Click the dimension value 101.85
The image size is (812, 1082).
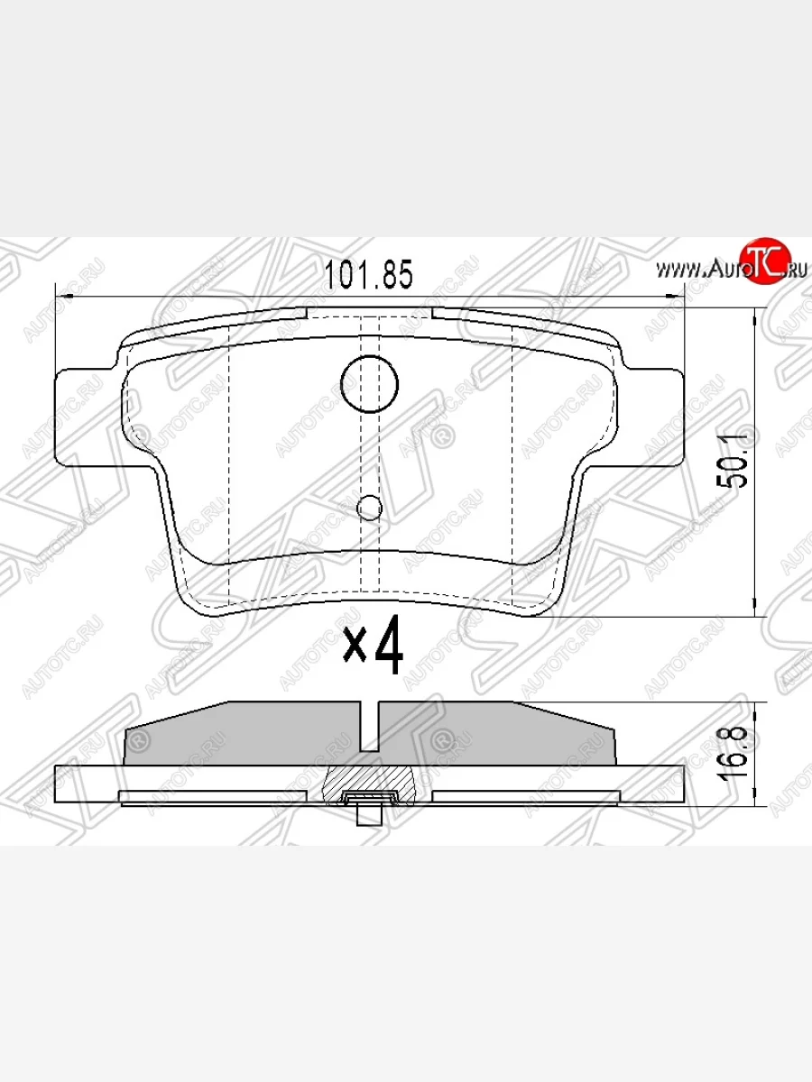[x=368, y=274]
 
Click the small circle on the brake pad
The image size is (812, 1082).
[x=370, y=509]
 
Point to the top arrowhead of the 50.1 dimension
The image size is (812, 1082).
[x=754, y=312]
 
